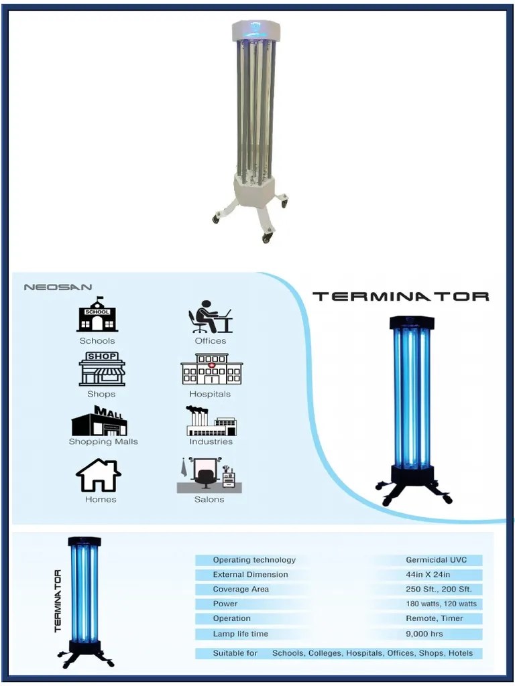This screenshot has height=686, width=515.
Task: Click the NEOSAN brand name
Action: (58, 287)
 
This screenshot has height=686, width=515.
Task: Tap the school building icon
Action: (97, 314)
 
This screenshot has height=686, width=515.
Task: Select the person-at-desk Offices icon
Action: (210, 317)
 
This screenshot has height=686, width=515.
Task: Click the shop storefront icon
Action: (102, 369)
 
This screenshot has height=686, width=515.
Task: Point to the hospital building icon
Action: (211, 369)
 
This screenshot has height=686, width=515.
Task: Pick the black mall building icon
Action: (100, 421)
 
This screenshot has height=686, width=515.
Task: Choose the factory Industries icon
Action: (211, 421)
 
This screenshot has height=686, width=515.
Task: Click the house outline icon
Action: (99, 475)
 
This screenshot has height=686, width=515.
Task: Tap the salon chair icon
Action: (209, 475)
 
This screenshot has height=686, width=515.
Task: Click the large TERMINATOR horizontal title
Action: (401, 296)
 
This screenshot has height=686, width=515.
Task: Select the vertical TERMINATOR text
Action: (58, 601)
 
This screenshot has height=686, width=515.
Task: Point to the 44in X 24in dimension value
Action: (428, 574)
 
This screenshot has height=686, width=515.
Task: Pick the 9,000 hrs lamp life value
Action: (424, 634)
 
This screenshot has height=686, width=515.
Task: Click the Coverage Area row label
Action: (241, 590)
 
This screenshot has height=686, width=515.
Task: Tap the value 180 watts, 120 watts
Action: (441, 604)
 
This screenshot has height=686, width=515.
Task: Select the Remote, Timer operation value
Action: (435, 618)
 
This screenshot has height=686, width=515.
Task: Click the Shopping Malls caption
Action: (103, 442)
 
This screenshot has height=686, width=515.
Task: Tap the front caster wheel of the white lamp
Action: (267, 238)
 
